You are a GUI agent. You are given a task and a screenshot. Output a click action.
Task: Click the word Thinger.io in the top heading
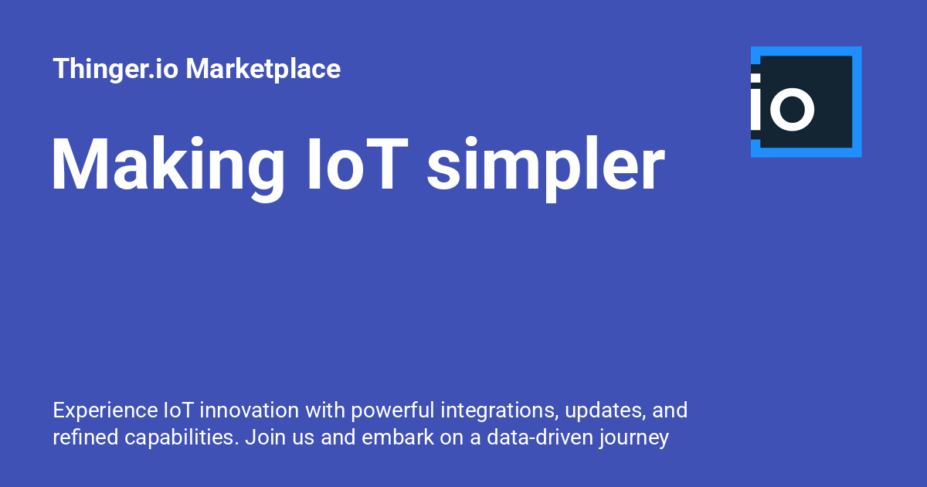tap(115, 69)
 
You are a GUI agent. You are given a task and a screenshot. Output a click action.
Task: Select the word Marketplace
tap(263, 68)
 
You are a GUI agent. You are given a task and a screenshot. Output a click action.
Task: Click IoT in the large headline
tap(358, 164)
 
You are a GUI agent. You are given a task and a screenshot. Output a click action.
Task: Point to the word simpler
tap(546, 168)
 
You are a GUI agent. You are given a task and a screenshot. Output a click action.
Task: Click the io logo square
tap(806, 102)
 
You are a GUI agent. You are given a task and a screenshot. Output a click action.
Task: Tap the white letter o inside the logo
tap(792, 109)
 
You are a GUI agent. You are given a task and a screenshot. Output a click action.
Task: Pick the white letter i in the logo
tap(756, 102)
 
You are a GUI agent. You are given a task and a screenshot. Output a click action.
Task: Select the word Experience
tap(106, 410)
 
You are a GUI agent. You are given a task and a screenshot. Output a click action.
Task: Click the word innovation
tap(250, 410)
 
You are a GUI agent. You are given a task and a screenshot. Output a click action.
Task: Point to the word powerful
tap(392, 410)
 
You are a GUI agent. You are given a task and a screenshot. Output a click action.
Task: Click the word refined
tap(86, 437)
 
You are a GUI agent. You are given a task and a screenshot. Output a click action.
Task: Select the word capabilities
tap(182, 438)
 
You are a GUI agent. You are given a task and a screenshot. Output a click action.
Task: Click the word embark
tap(398, 437)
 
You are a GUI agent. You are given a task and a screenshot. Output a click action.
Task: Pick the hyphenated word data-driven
tap(540, 437)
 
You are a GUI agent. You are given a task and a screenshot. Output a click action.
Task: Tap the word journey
tap(634, 438)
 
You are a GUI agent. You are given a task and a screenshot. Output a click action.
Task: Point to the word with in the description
tap(325, 410)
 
